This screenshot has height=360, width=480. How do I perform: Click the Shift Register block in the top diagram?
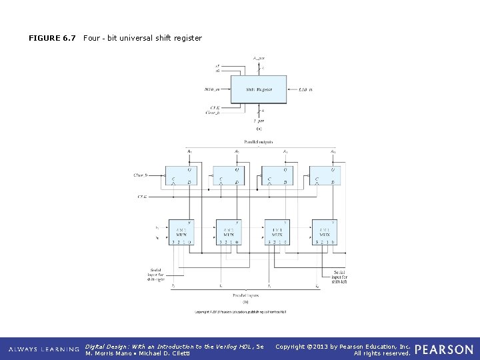259,89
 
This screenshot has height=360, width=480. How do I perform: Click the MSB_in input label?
214,89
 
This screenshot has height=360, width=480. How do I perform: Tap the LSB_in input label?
306,89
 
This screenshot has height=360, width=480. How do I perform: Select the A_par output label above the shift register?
258,59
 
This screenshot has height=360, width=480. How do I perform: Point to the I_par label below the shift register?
258,121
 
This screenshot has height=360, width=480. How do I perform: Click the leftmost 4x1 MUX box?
181,232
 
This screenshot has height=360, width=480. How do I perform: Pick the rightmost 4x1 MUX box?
325,232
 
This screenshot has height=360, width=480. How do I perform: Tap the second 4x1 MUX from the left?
229,232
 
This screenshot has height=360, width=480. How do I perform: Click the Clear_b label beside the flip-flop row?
140,175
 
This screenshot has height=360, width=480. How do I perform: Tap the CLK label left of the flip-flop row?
142,197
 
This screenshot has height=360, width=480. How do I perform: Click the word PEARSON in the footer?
444,349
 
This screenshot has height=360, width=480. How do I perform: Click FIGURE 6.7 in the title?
52,38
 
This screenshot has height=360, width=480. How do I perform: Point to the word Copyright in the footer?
290,346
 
